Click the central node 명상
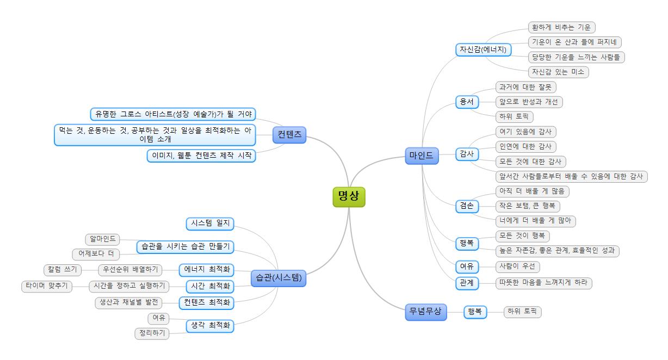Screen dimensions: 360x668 pyautogui.click(x=349, y=197)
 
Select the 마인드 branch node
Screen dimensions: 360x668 pyautogui.click(x=422, y=156)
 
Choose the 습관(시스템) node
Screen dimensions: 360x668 pyautogui.click(x=278, y=278)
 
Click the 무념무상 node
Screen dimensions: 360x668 pyautogui.click(x=426, y=312)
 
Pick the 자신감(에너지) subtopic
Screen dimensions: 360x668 pyautogui.click(x=483, y=50)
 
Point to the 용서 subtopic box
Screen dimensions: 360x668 pyautogui.click(x=467, y=102)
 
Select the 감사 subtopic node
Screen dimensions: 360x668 pyautogui.click(x=467, y=154)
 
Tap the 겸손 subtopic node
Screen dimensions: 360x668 pyautogui.click(x=467, y=206)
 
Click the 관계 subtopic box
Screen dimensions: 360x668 pyautogui.click(x=467, y=283)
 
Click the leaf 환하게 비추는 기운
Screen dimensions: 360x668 pyautogui.click(x=562, y=27)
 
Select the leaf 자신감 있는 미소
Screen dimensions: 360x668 pyautogui.click(x=558, y=72)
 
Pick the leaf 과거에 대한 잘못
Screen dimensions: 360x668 pyautogui.click(x=526, y=87)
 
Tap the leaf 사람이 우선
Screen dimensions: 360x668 pyautogui.click(x=517, y=266)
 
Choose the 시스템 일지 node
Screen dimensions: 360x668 pyautogui.click(x=210, y=224)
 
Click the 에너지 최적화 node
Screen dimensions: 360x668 pyautogui.click(x=206, y=270)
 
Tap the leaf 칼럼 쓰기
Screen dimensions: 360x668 pyautogui.click(x=63, y=270)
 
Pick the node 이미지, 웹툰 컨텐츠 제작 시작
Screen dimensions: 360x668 pyautogui.click(x=201, y=156)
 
